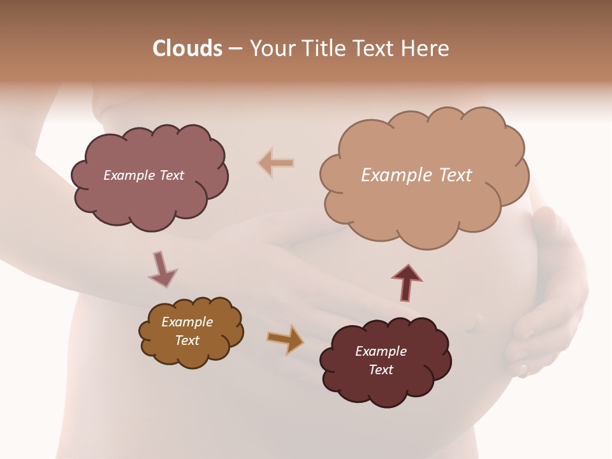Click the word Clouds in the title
[x=187, y=48]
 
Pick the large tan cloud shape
[x=424, y=210]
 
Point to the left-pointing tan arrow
[x=276, y=163]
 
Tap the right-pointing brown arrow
[x=286, y=339]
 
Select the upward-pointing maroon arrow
[x=407, y=282]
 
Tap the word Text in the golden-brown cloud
[x=187, y=340]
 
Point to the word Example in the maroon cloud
[x=381, y=351]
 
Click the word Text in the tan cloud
[x=456, y=175]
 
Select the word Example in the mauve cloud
[x=129, y=175]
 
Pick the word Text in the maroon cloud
[x=381, y=370]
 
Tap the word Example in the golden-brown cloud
[x=187, y=322]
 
